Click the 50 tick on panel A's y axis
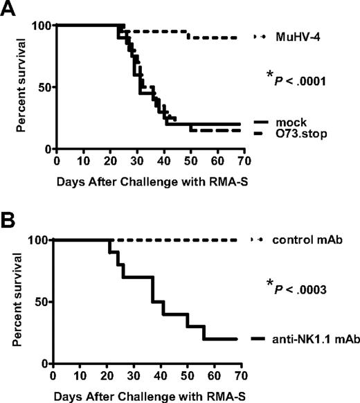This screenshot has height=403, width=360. [x=42, y=87]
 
